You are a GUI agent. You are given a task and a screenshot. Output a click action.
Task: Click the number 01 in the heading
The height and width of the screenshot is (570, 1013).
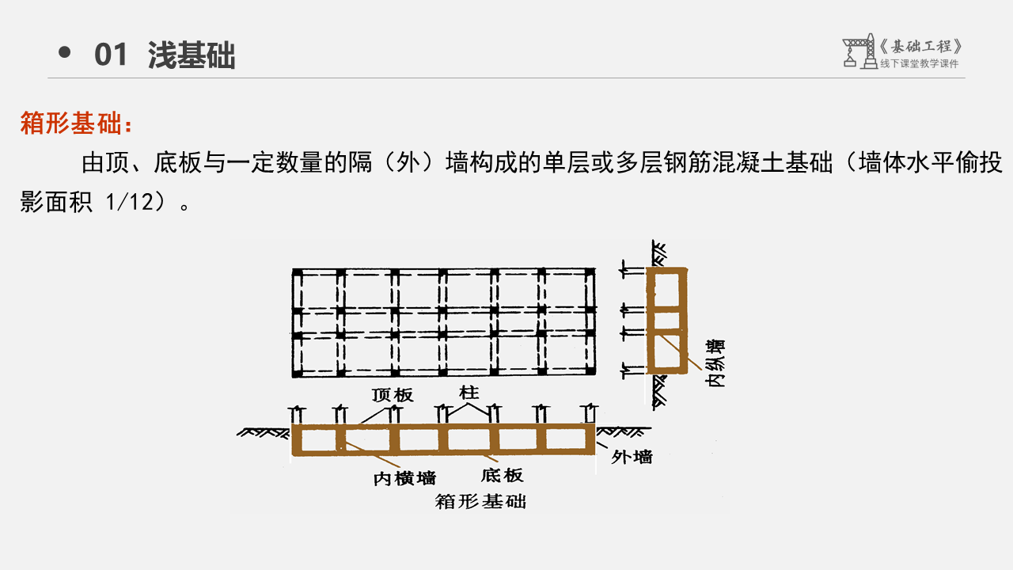[x=111, y=55]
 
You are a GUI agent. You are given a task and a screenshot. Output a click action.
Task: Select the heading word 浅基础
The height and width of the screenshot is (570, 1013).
[x=192, y=55]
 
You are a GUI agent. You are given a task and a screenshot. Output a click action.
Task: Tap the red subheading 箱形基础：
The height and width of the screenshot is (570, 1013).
[x=77, y=124]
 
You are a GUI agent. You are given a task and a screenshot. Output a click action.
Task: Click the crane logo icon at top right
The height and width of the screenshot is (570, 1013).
[x=859, y=51]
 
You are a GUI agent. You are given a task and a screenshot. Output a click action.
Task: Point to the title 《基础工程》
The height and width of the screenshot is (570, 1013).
[x=921, y=46]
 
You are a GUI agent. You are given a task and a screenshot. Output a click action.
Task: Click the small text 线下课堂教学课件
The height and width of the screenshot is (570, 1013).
[x=919, y=64]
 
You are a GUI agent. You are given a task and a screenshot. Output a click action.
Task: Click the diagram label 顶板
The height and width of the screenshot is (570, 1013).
[x=393, y=395]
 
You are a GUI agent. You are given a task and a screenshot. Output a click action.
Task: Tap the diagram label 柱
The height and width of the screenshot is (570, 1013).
[x=469, y=392]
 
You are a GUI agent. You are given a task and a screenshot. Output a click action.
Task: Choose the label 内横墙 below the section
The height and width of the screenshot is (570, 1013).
[x=404, y=477]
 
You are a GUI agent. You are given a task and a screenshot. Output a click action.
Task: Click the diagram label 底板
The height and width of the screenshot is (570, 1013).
[x=502, y=475]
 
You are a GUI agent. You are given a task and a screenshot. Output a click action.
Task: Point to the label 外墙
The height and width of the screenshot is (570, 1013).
[x=632, y=457]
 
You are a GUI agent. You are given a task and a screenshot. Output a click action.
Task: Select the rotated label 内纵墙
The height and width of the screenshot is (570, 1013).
[x=716, y=363]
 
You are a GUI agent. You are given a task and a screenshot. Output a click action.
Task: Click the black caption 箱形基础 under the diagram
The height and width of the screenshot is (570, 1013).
[x=480, y=501]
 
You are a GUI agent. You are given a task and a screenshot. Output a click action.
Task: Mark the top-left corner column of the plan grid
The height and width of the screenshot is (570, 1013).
[x=298, y=273]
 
